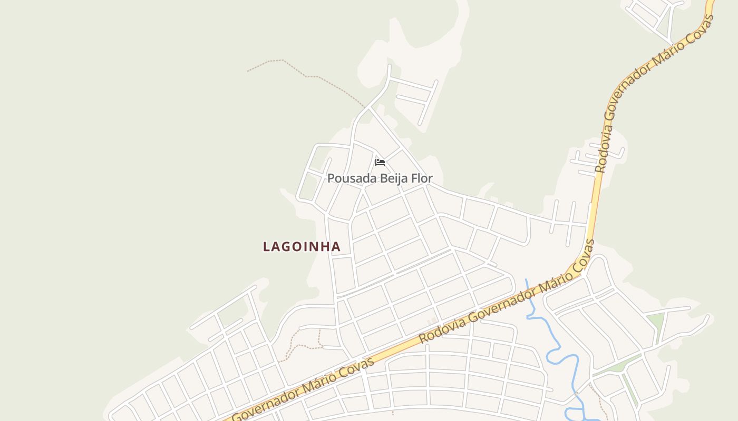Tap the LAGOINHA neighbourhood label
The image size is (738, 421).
click(x=302, y=246)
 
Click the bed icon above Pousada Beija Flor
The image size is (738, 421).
click(x=380, y=162)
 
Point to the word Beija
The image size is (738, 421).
click(x=394, y=178)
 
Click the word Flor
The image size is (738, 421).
click(x=422, y=178)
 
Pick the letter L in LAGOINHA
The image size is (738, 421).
click(x=267, y=246)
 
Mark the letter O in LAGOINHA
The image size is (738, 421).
click(x=297, y=246)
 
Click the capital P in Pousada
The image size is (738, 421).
click(x=331, y=178)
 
